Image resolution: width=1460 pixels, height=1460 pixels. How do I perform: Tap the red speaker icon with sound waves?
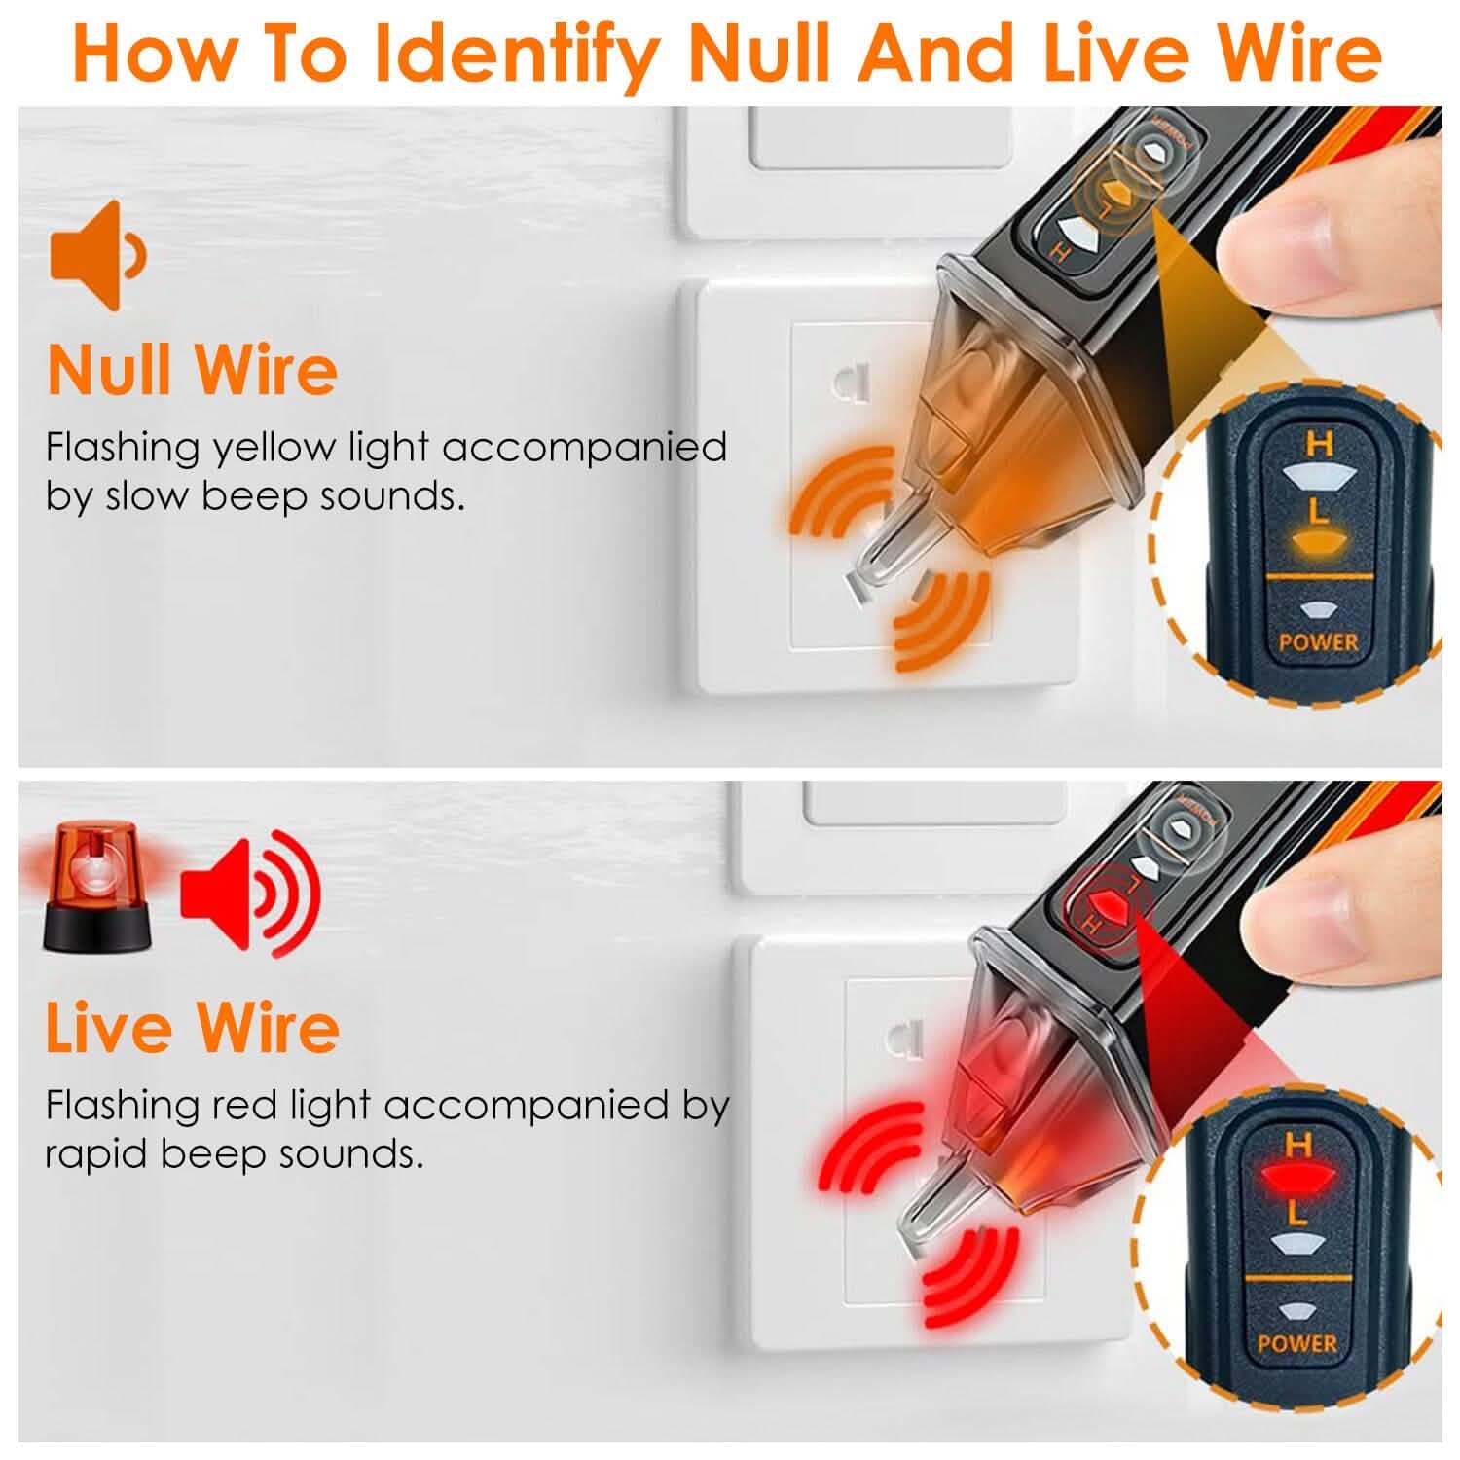[249, 894]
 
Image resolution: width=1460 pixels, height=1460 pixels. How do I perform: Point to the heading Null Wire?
[192, 370]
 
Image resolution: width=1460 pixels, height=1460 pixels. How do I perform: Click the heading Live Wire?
[192, 1027]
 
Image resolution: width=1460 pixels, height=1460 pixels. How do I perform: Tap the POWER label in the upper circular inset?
[1318, 642]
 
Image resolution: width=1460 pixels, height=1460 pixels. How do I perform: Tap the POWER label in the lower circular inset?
[1296, 1344]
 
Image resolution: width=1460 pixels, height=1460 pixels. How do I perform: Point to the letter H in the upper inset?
[1319, 445]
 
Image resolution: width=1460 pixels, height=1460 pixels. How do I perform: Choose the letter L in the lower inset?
[1296, 1213]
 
